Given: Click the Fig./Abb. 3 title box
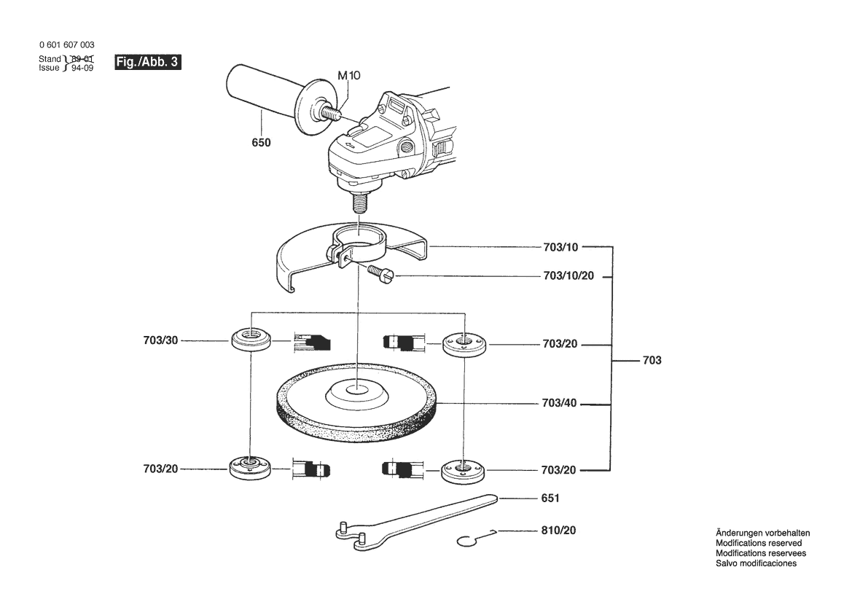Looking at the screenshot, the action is [148, 62].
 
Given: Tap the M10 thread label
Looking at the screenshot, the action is [349, 76].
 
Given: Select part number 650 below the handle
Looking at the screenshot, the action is [262, 142].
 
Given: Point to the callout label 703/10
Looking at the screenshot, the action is [560, 247].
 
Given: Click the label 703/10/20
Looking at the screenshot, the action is [569, 275].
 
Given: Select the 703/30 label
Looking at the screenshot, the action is [161, 340].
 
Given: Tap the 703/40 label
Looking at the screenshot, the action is [560, 403].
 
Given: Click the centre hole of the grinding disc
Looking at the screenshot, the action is [356, 388].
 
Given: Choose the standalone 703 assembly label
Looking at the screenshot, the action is [652, 360].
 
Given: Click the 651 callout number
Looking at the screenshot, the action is [550, 499].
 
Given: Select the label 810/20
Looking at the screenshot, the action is [558, 531].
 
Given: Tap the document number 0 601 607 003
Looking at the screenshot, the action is [67, 45].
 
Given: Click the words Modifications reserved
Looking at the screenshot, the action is [759, 543].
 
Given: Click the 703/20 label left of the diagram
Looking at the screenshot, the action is [161, 469].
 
